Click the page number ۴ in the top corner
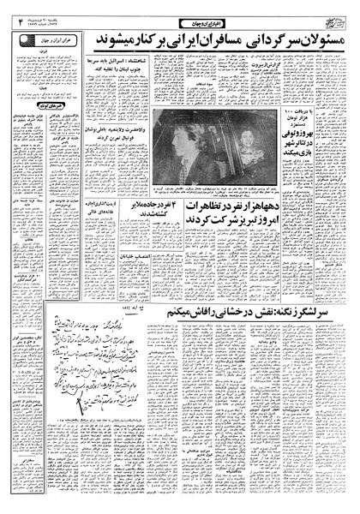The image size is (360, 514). click(9, 25)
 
